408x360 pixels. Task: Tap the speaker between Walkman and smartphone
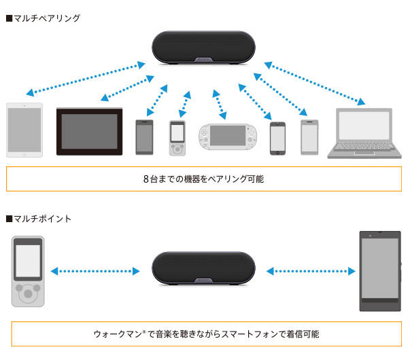click(203, 271)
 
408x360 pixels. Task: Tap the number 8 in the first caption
click(146, 179)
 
